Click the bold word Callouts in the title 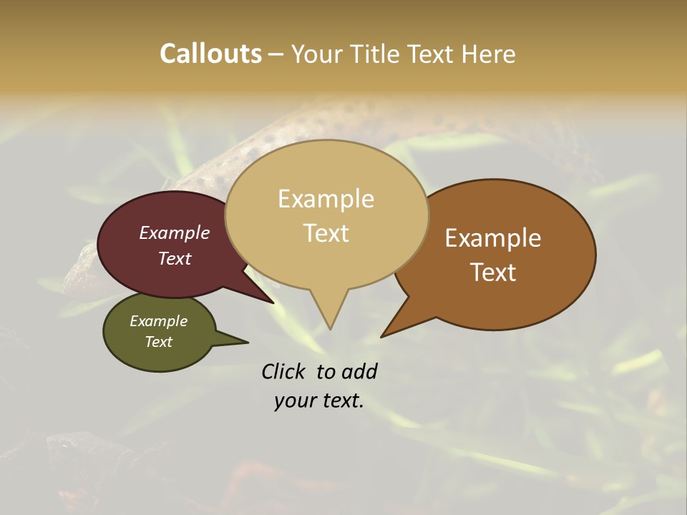(x=210, y=54)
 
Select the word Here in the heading (x=489, y=54)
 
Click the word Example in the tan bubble (x=326, y=199)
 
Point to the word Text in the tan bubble (x=326, y=233)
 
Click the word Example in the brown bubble (x=493, y=238)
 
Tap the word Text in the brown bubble (x=493, y=273)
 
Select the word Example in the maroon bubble (x=175, y=232)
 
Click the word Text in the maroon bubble (x=175, y=258)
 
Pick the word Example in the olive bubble (x=159, y=321)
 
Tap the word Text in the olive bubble (x=159, y=342)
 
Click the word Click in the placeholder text (x=283, y=371)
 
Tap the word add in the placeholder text (x=360, y=371)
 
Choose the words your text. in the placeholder (x=319, y=401)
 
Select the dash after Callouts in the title (x=276, y=54)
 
